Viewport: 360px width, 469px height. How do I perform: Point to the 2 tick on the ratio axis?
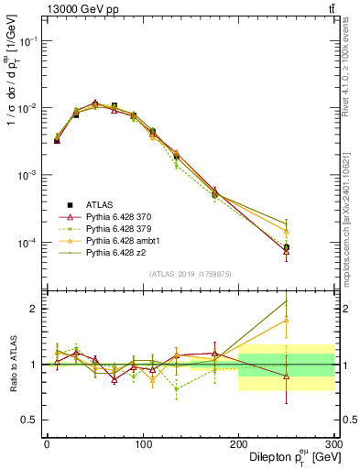pos(33,309)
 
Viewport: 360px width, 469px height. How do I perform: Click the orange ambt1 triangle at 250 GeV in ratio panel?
pos(286,320)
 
